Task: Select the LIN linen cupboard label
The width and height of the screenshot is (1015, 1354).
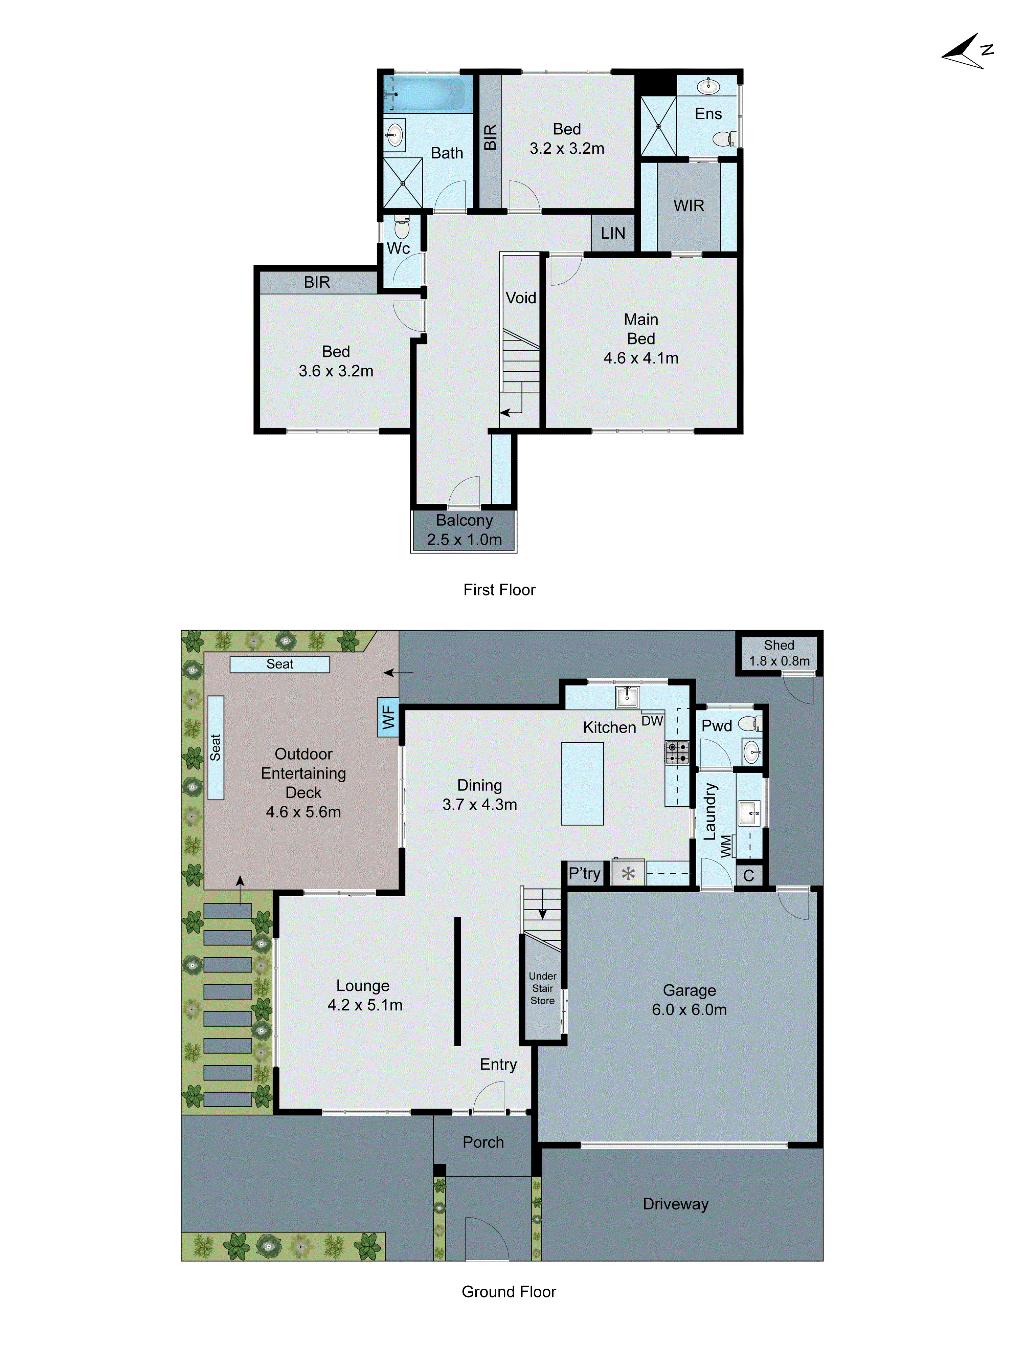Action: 612,233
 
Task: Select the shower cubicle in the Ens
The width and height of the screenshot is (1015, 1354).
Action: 658,127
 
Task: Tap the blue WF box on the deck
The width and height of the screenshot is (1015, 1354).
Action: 388,717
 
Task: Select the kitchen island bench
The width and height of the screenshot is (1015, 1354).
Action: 582,784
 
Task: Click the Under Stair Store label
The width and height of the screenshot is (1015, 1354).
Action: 542,988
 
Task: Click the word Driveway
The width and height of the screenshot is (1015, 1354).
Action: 675,1204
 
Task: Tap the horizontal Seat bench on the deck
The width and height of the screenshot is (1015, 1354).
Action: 279,664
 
